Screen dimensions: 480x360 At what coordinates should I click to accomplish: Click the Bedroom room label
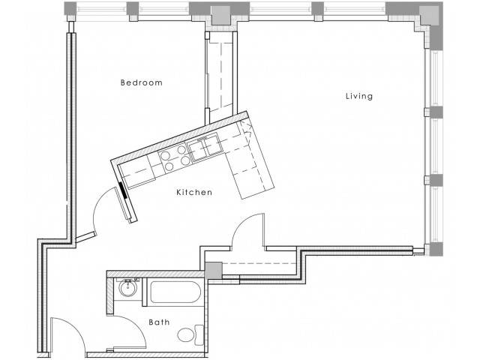tap(142, 82)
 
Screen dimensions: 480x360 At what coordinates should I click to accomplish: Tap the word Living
tap(359, 96)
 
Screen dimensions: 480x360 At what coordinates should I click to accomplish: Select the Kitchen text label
tap(194, 192)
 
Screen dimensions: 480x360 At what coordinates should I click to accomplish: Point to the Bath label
tap(159, 322)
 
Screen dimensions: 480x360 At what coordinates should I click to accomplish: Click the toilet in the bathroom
tap(190, 335)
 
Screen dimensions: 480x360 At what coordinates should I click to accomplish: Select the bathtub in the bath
tap(175, 292)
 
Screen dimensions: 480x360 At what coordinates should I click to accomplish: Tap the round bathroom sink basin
tap(127, 288)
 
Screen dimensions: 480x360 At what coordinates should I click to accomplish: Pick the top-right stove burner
tap(181, 150)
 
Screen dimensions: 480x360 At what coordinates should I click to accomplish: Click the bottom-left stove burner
tap(169, 166)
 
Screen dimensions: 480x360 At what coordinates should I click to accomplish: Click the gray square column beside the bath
tap(213, 271)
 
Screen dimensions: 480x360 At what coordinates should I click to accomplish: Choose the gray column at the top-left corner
tap(70, 8)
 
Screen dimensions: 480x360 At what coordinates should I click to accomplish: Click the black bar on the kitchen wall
tap(123, 190)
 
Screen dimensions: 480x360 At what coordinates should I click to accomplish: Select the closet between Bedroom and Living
tap(220, 74)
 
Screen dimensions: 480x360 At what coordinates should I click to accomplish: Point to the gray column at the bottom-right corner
tap(436, 249)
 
